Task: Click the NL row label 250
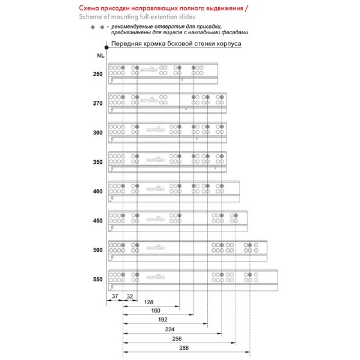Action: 98,74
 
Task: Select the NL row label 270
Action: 98,103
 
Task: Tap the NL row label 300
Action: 98,133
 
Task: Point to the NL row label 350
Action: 98,162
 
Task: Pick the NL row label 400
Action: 98,191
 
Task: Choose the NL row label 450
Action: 98,221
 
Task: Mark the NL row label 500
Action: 98,250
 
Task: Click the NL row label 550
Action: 98,279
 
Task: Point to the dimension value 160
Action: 156,310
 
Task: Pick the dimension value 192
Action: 163,320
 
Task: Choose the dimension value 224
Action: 170,329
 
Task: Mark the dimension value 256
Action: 178,339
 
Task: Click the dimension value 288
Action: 184,348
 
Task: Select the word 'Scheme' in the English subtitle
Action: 88,17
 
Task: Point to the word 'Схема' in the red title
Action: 89,9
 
